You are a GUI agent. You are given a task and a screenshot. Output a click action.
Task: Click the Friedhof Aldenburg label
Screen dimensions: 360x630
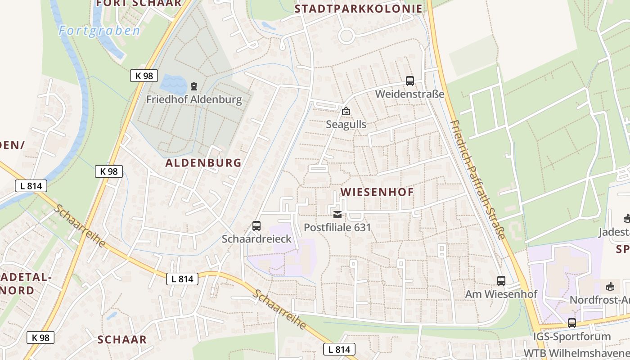pyautogui.click(x=194, y=99)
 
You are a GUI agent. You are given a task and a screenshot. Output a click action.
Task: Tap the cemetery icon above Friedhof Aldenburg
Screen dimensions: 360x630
pyautogui.click(x=194, y=85)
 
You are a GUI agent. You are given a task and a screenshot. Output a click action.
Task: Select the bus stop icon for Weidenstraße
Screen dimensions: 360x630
pyautogui.click(x=409, y=81)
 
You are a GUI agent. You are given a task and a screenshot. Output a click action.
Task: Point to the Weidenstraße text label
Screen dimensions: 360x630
pyautogui.click(x=409, y=94)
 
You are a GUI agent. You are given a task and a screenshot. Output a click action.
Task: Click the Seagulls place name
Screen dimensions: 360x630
pyautogui.click(x=346, y=124)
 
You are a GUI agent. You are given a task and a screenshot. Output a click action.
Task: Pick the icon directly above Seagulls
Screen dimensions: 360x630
pyautogui.click(x=346, y=111)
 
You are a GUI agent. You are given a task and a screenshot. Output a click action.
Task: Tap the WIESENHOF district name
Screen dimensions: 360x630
pyautogui.click(x=377, y=192)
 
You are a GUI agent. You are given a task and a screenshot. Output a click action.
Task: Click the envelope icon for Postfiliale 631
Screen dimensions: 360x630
pyautogui.click(x=337, y=215)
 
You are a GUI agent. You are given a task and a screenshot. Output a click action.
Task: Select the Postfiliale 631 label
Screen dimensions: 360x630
pyautogui.click(x=337, y=227)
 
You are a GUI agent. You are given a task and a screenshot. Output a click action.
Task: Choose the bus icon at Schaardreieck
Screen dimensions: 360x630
pyautogui.click(x=256, y=226)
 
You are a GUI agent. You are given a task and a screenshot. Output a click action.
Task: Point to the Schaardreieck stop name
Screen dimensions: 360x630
pyautogui.click(x=256, y=239)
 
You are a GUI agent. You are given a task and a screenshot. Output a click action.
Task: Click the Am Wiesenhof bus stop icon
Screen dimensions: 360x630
pyautogui.click(x=501, y=281)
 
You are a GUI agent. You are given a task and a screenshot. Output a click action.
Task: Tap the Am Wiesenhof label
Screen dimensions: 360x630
pyautogui.click(x=501, y=294)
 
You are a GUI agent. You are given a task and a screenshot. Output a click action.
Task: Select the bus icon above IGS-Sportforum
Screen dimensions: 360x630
pyautogui.click(x=571, y=323)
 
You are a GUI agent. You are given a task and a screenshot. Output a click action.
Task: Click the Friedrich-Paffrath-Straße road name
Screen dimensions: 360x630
pyautogui.click(x=477, y=180)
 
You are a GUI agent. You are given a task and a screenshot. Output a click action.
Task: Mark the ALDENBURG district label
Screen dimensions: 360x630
pyautogui.click(x=203, y=162)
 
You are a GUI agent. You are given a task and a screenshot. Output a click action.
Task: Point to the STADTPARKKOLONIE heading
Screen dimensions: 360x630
pyautogui.click(x=359, y=9)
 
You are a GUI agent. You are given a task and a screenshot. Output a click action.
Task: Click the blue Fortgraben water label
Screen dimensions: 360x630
pyautogui.click(x=99, y=31)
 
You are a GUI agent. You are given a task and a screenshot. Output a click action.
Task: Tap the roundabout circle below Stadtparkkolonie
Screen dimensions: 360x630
pyautogui.click(x=346, y=36)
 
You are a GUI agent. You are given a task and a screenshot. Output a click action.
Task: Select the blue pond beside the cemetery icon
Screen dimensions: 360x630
pyautogui.click(x=173, y=83)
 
